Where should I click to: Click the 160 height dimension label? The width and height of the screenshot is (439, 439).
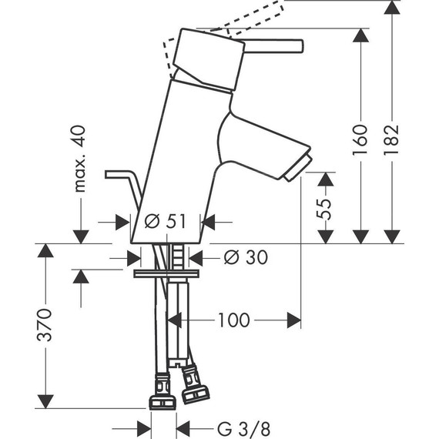pyautogui.click(x=360, y=140)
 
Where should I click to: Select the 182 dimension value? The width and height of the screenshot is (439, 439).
pyautogui.click(x=390, y=140)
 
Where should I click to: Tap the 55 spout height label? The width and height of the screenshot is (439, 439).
pyautogui.click(x=323, y=209)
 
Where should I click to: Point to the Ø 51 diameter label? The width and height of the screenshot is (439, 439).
pyautogui.click(x=165, y=222)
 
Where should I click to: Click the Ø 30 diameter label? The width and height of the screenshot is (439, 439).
pyautogui.click(x=246, y=257)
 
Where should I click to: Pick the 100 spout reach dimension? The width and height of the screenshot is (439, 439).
pyautogui.click(x=234, y=320)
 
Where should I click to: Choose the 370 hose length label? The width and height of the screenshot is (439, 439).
pyautogui.click(x=44, y=325)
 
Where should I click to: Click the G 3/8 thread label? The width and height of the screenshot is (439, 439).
pyautogui.click(x=243, y=429)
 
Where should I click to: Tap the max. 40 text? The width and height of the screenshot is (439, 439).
pyautogui.click(x=80, y=159)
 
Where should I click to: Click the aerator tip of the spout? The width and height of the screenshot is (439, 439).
pyautogui.click(x=298, y=169)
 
